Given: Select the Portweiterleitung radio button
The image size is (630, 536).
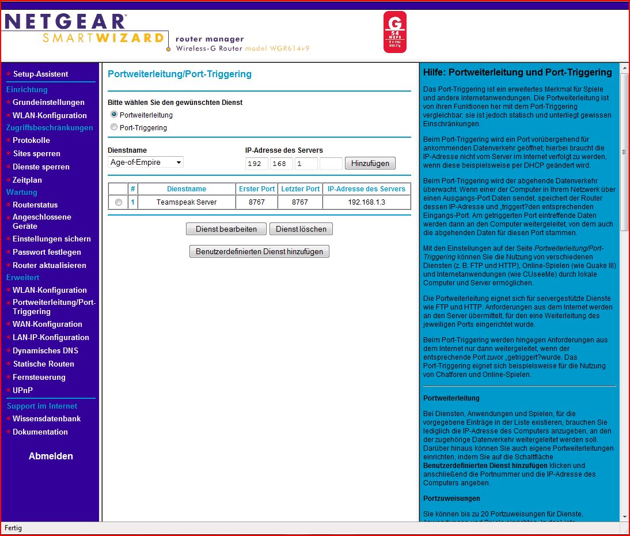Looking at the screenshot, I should tap(114, 115).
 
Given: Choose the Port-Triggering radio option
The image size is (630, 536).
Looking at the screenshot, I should tap(114, 127).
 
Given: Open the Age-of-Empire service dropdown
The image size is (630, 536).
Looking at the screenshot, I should tap(146, 163).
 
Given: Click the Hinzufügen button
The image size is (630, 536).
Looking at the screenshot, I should tap(370, 163).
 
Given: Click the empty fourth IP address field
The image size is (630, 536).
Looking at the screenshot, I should tap(331, 164).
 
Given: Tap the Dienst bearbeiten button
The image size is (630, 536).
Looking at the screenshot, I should tap(226, 229).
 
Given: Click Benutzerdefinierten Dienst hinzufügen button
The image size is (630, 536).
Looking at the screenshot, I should tap(259, 251).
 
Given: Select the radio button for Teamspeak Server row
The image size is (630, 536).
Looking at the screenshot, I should tap(119, 202).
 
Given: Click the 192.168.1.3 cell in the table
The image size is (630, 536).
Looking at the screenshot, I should tap(366, 202).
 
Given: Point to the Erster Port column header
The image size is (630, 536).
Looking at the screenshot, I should tap(256, 189).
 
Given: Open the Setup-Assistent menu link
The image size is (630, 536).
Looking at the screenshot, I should tap(40, 74).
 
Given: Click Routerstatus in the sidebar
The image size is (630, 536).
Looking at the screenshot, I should tap(35, 205).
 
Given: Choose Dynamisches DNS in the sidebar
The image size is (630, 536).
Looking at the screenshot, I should tap(45, 350).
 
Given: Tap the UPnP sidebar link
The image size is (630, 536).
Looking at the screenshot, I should tap(22, 390).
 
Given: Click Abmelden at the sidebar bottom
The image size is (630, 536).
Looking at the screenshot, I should tap(51, 456).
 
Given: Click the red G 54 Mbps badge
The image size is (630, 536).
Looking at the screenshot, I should tap(394, 32).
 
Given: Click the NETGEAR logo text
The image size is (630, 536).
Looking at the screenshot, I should tap(65, 22).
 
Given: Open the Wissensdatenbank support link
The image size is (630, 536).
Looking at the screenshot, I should tap(47, 418).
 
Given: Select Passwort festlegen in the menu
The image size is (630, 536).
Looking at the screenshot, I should tap(47, 252).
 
